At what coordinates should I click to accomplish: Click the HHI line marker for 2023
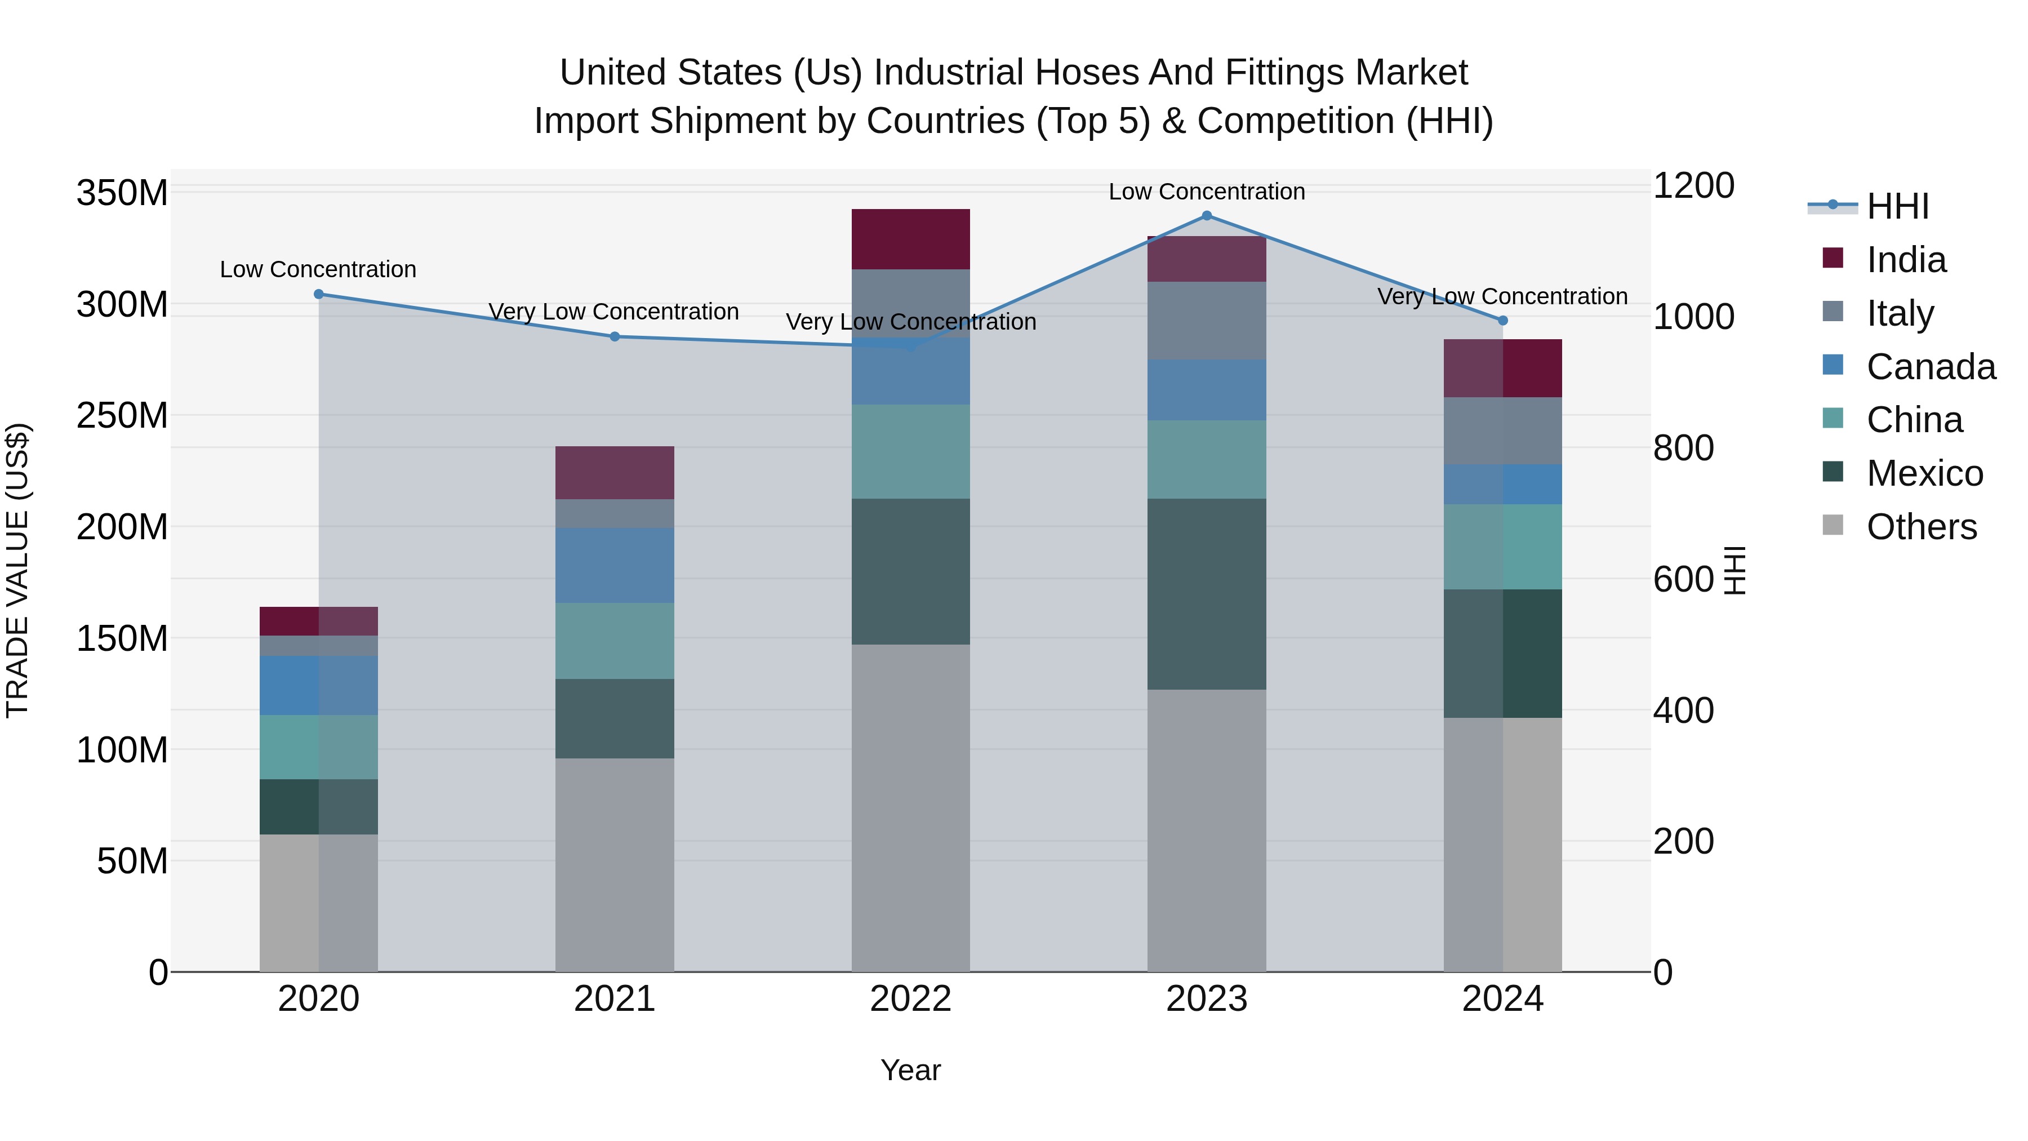click(x=1207, y=216)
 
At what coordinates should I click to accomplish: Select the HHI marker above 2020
click(x=319, y=295)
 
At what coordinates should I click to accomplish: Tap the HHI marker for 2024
click(x=1503, y=321)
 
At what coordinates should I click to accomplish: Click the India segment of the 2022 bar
click(x=911, y=239)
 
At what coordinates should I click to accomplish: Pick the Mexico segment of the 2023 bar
click(x=1207, y=594)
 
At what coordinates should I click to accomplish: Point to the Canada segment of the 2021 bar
click(x=615, y=565)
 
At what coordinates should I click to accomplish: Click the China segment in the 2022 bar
click(x=911, y=452)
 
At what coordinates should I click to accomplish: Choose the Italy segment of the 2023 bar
click(x=1207, y=321)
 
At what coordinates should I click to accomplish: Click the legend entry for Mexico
click(x=1924, y=473)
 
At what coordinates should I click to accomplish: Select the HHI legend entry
click(x=1897, y=206)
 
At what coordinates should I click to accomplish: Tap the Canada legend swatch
click(x=1833, y=365)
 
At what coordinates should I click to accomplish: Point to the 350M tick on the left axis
click(x=122, y=193)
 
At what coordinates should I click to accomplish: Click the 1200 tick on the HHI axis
click(x=1693, y=186)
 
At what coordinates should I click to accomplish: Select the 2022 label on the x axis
click(x=911, y=999)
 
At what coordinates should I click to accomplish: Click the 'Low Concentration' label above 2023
click(x=1207, y=192)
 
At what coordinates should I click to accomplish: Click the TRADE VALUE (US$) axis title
click(x=17, y=570)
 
